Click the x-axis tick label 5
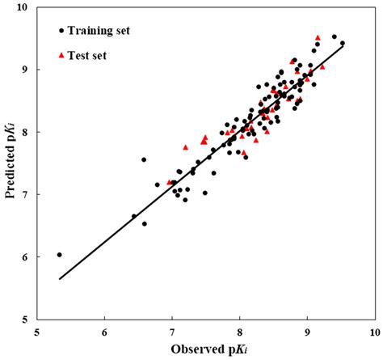36,332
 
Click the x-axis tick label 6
104,332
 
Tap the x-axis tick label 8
239,332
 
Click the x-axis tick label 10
372,332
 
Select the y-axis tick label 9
24,70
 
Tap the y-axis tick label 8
24,132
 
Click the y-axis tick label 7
24,194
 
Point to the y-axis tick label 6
24,257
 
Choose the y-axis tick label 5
24,320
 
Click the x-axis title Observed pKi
204,349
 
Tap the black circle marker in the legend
61,32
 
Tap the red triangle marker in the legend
61,55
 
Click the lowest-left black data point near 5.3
59,254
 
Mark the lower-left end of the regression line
59,279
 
